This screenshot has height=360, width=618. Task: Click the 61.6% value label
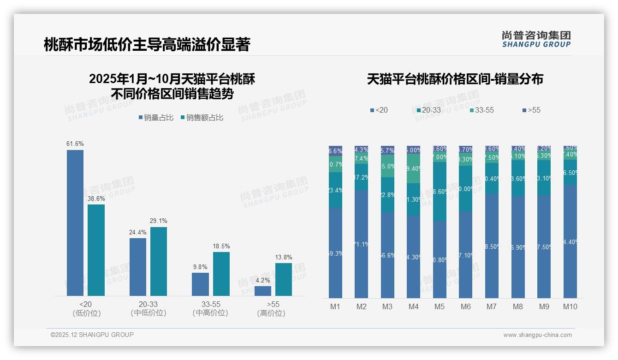coord(75,144)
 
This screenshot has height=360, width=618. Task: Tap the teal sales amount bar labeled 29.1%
coord(159,261)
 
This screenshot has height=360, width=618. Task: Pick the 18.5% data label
coord(221,246)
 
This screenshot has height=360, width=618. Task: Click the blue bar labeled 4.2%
coord(263,291)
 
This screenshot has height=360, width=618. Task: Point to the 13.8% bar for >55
coord(284,279)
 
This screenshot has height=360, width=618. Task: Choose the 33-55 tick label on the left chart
coord(211,305)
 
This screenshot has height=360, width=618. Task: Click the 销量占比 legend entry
coord(156,118)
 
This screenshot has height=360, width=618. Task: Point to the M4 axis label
coord(413,307)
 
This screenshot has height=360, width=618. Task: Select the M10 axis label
coord(570,307)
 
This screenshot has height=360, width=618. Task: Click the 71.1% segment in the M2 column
coord(361,244)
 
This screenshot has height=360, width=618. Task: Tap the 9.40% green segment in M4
coord(414,168)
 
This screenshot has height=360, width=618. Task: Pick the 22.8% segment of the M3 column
coord(387,195)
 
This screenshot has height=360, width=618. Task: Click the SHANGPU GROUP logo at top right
coord(536,39)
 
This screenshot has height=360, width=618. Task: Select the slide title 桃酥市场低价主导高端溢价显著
coord(147,45)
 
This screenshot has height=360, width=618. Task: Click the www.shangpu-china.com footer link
coord(537,335)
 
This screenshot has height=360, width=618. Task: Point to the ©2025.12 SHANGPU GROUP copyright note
coord(92,335)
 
